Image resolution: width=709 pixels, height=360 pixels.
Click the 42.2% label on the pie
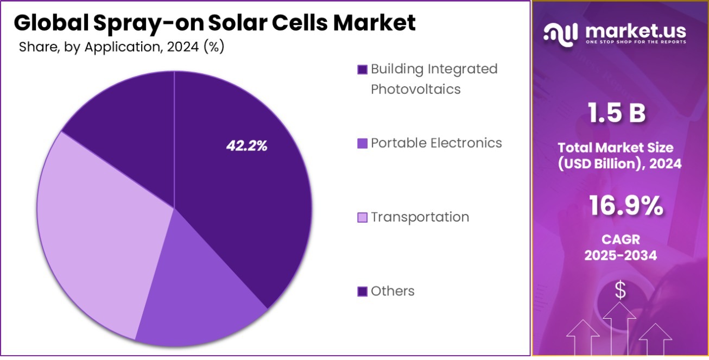[246, 146]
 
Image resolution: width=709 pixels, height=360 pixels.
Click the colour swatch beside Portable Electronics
[363, 143]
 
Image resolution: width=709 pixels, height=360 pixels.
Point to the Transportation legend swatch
[363, 218]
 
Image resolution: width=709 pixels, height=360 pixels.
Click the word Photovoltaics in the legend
[415, 89]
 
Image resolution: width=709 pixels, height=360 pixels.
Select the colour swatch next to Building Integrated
[363, 70]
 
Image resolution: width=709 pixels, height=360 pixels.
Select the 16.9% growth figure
[625, 207]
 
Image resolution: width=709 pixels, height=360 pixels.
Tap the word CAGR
[621, 239]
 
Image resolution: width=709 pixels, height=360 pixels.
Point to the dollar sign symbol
[620, 290]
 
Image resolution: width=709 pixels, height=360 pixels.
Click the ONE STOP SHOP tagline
[635, 42]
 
